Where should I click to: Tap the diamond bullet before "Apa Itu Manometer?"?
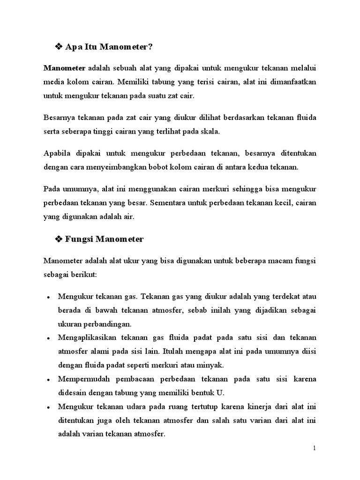pyautogui.click(x=59, y=47)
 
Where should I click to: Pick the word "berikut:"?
pyautogui.click(x=83, y=275)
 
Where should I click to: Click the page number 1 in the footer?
pyautogui.click(x=315, y=449)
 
